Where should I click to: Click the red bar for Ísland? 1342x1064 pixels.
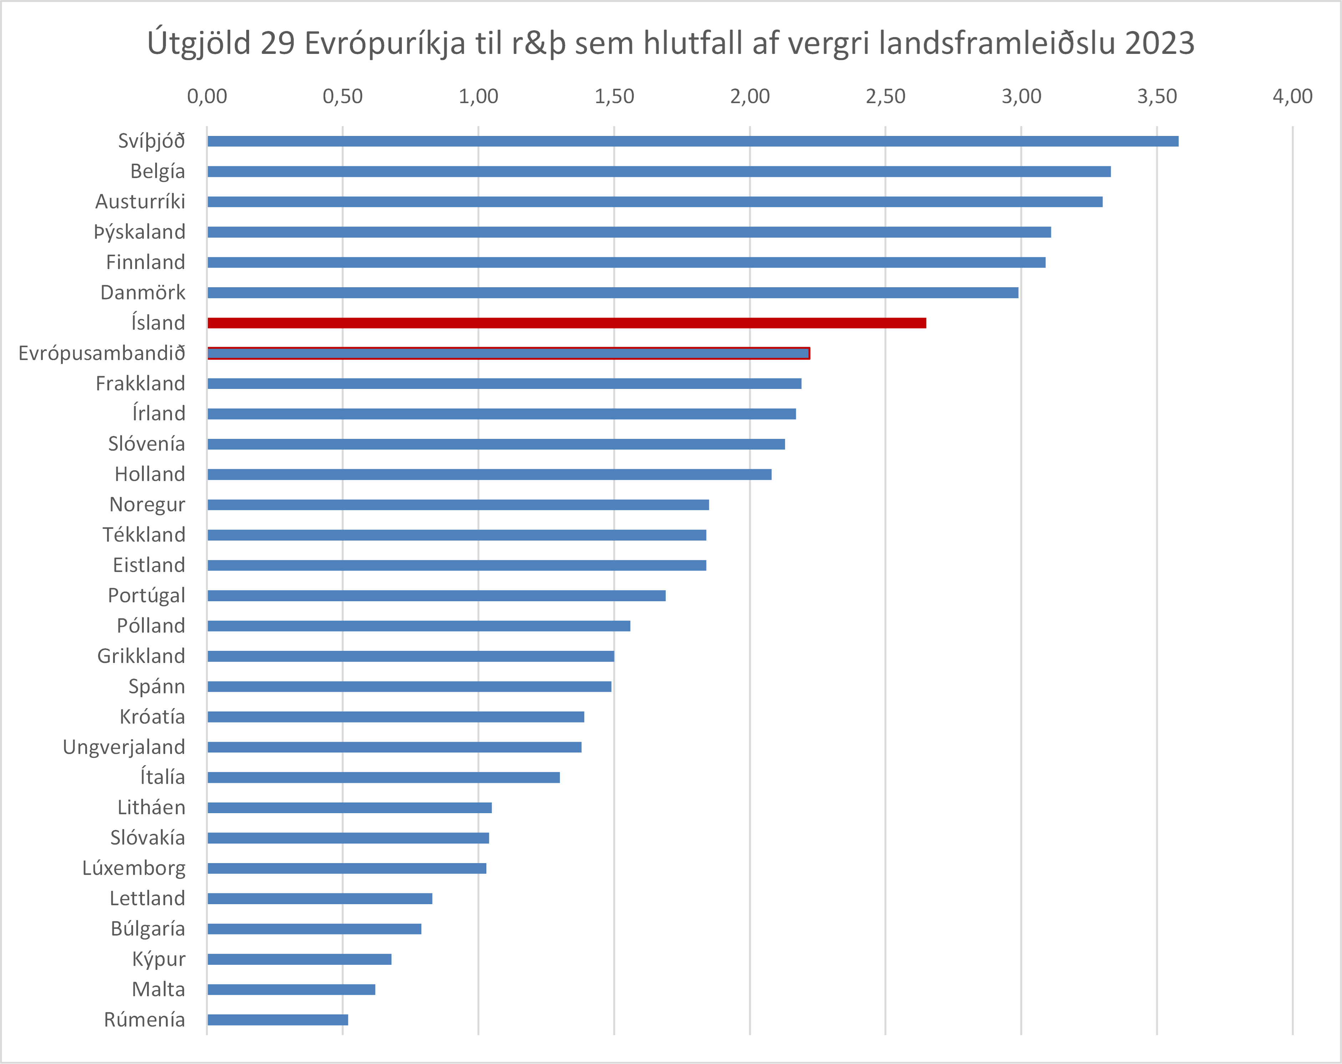point(566,323)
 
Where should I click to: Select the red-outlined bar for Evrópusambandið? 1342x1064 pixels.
point(508,353)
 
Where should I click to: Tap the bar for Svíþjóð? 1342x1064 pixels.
point(692,141)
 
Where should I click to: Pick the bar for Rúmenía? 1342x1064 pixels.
point(278,1020)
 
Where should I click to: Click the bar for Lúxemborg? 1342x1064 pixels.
point(347,868)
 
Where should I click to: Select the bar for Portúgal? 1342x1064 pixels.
point(436,596)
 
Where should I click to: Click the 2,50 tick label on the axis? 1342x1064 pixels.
point(885,96)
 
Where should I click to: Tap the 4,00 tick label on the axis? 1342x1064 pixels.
point(1292,96)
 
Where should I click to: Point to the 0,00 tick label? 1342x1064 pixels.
point(207,96)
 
